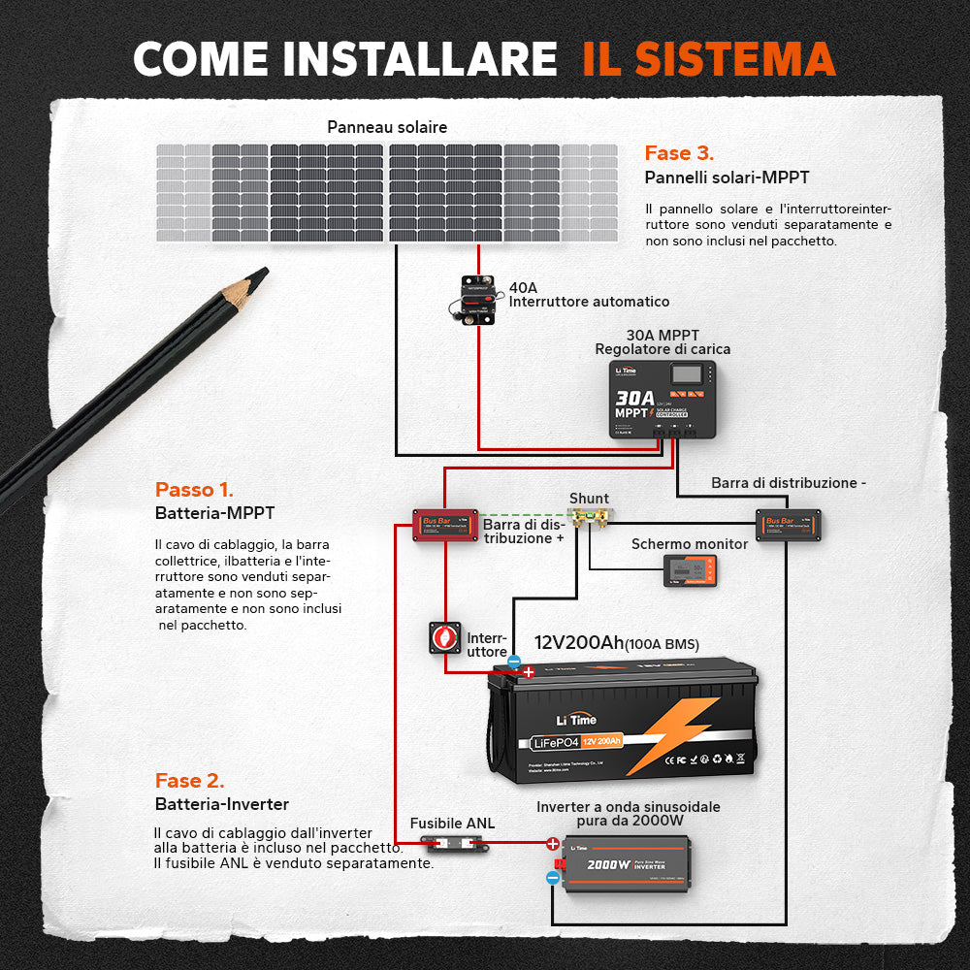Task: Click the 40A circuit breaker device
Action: click(x=477, y=300)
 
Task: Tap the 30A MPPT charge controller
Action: click(x=663, y=399)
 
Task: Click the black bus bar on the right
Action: click(x=789, y=525)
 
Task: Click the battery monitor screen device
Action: click(x=691, y=570)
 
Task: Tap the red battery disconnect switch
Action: click(x=445, y=637)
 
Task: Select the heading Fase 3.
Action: click(x=679, y=153)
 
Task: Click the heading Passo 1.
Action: click(x=194, y=490)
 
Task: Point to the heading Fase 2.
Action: click(x=189, y=781)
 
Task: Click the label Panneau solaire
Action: click(x=387, y=127)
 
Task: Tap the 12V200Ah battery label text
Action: click(x=616, y=643)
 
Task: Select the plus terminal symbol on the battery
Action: click(x=528, y=671)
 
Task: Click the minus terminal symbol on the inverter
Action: click(x=552, y=877)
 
